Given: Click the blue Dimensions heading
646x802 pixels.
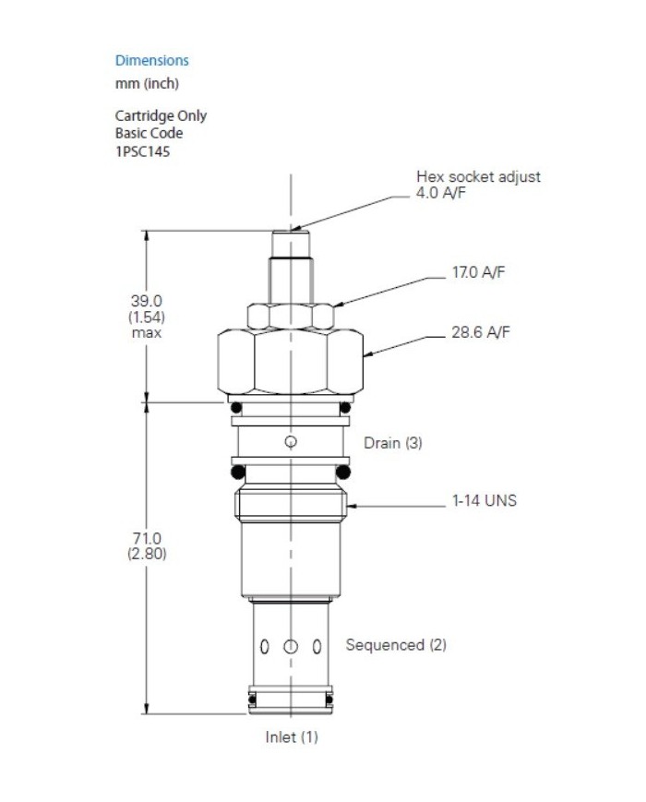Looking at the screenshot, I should click(x=151, y=61).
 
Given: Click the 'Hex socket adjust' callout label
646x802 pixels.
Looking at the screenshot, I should click(x=478, y=176).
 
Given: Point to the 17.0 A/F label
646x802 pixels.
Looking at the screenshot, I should click(x=478, y=274).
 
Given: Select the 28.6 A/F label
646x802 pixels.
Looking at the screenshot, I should click(x=478, y=333).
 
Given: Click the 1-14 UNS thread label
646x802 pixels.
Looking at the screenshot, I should click(x=484, y=501).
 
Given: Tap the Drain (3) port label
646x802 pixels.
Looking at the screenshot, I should click(x=392, y=443).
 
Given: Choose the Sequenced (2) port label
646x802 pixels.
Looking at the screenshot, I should click(x=396, y=645).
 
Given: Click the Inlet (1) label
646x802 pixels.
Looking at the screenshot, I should click(x=292, y=737).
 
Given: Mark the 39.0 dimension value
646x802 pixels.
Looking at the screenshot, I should click(x=146, y=301).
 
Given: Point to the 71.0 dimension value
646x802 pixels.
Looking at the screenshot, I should click(x=146, y=538).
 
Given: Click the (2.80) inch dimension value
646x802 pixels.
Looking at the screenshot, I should click(x=146, y=554).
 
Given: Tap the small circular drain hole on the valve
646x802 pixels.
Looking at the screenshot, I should click(x=292, y=442).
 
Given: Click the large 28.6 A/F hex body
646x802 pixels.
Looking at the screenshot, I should click(x=292, y=362).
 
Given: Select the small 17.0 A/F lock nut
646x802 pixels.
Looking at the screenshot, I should click(x=292, y=316).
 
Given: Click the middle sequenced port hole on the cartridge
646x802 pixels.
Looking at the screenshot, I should click(x=292, y=646).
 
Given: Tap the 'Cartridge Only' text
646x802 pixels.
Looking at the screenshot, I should click(x=161, y=116).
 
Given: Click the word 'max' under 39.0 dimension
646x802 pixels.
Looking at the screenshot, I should click(x=146, y=332).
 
